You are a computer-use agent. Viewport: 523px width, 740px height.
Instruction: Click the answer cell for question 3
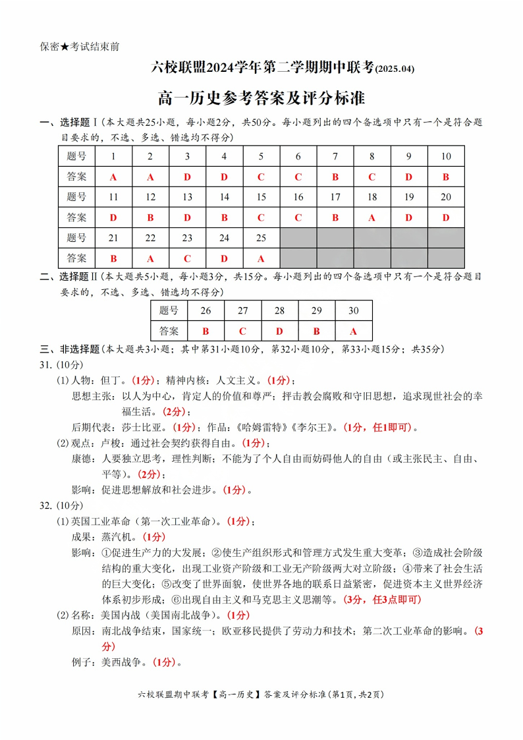187,177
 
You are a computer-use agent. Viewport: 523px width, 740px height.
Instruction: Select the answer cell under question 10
446,177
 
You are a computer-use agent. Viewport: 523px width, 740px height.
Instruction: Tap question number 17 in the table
335,196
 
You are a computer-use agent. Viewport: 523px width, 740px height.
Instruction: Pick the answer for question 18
372,217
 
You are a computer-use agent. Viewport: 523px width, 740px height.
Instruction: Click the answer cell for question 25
261,258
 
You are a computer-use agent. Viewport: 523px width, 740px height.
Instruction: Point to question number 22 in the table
150,237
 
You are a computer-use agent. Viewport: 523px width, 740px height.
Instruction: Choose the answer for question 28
279,331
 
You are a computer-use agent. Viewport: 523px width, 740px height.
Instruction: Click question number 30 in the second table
353,310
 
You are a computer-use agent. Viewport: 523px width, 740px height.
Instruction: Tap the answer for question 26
206,331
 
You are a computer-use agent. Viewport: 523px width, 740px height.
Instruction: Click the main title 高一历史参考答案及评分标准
261,99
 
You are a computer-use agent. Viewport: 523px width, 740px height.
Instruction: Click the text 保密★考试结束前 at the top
79,47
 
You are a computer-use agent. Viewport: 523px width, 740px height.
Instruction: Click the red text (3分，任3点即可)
382,600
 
